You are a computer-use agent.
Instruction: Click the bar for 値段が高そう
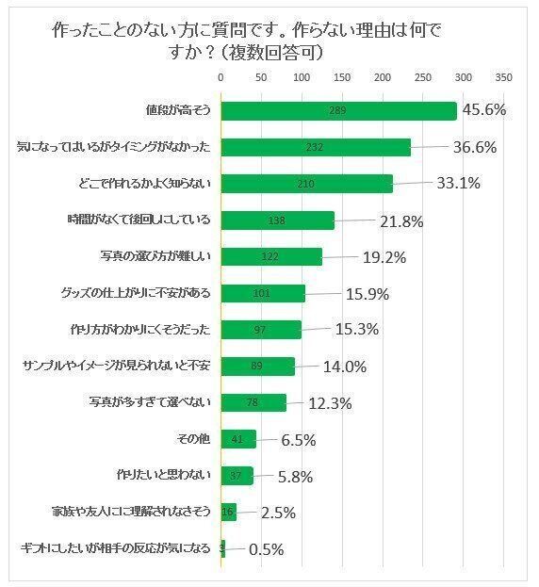click(x=338, y=111)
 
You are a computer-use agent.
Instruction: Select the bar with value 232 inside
click(x=316, y=147)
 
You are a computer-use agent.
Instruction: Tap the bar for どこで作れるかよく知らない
click(x=306, y=184)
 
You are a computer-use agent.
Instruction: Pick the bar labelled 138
click(x=277, y=220)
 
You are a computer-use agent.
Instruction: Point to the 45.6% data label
click(x=482, y=110)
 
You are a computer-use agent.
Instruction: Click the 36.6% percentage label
click(x=473, y=147)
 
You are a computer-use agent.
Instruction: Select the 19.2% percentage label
click(x=385, y=256)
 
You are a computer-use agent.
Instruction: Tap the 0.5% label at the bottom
click(x=266, y=550)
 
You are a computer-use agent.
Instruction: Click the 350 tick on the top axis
click(x=503, y=76)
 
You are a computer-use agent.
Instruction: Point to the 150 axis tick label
click(x=341, y=76)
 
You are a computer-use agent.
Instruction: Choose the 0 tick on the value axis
click(x=220, y=76)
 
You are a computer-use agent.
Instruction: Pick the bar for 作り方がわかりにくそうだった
click(x=261, y=330)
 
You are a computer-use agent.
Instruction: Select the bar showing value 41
click(x=238, y=439)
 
